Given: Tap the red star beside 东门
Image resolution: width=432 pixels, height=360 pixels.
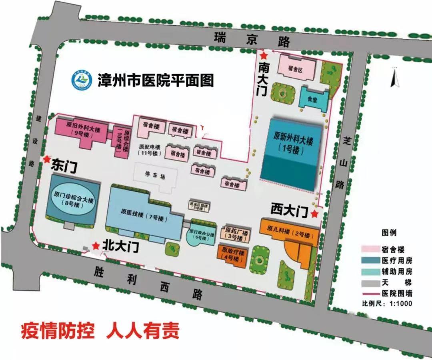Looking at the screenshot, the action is (47, 159).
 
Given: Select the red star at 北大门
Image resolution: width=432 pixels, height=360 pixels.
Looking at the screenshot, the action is (96, 245).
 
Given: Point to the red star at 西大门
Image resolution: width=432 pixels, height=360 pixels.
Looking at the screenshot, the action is (315, 214).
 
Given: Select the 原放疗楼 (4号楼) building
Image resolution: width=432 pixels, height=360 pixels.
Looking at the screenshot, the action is (233, 254).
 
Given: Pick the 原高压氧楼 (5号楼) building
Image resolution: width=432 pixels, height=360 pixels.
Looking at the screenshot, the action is (199, 205).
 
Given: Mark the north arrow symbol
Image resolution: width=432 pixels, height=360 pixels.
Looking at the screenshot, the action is (396, 78).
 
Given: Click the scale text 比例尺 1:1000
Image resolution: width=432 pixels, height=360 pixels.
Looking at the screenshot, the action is (386, 303).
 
